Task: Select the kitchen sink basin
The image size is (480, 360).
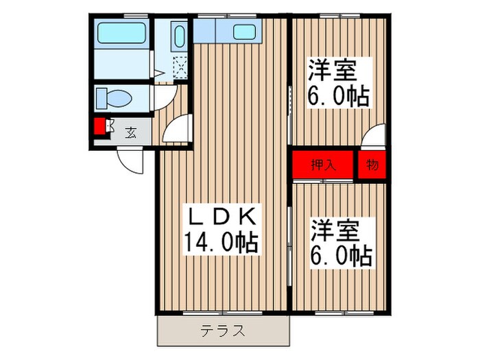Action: (243, 32)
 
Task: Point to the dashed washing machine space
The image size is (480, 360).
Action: (181, 67)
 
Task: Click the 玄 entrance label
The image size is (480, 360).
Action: (130, 132)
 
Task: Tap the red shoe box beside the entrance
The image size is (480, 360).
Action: (100, 128)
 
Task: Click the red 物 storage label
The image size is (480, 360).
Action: (371, 165)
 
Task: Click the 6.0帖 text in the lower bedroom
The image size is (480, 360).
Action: (340, 255)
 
